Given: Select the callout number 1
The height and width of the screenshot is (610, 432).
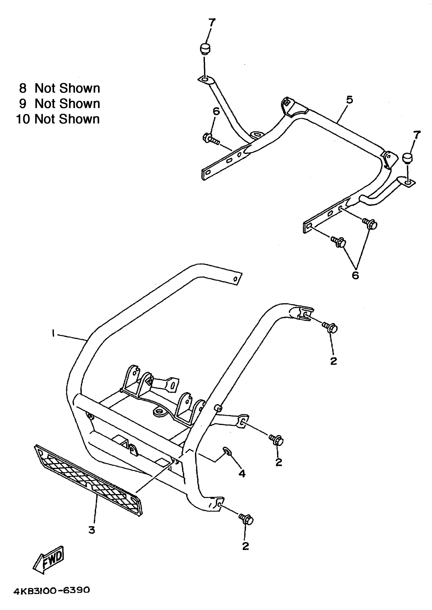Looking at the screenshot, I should coord(53,333).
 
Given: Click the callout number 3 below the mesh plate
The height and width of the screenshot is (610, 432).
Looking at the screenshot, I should coord(92,530).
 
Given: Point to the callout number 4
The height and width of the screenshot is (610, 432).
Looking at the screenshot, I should coord(242,473).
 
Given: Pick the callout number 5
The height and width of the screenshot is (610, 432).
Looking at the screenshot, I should coord(349,100).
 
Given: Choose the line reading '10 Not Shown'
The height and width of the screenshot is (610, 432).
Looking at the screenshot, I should coord(58,119).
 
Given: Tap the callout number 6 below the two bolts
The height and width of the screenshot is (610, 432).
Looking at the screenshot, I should coord(356,275).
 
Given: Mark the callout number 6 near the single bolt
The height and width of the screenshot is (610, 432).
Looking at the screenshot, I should coord(216,111).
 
